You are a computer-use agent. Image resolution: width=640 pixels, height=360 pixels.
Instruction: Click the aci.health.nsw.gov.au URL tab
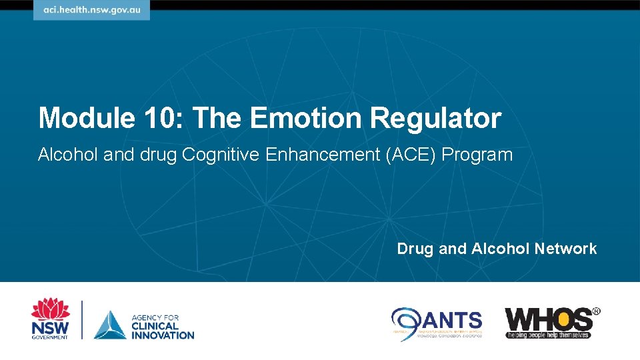pos(92,11)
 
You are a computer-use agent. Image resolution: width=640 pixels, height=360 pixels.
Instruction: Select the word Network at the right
pos(565,249)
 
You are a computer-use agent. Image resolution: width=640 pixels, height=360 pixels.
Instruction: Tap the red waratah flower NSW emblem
pos(50,310)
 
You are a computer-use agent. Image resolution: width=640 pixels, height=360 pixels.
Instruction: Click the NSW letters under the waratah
pos(50,329)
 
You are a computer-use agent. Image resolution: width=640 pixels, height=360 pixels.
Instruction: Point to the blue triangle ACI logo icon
pos(110,325)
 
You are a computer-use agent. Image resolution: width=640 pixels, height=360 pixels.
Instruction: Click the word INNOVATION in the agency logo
pos(163,335)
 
